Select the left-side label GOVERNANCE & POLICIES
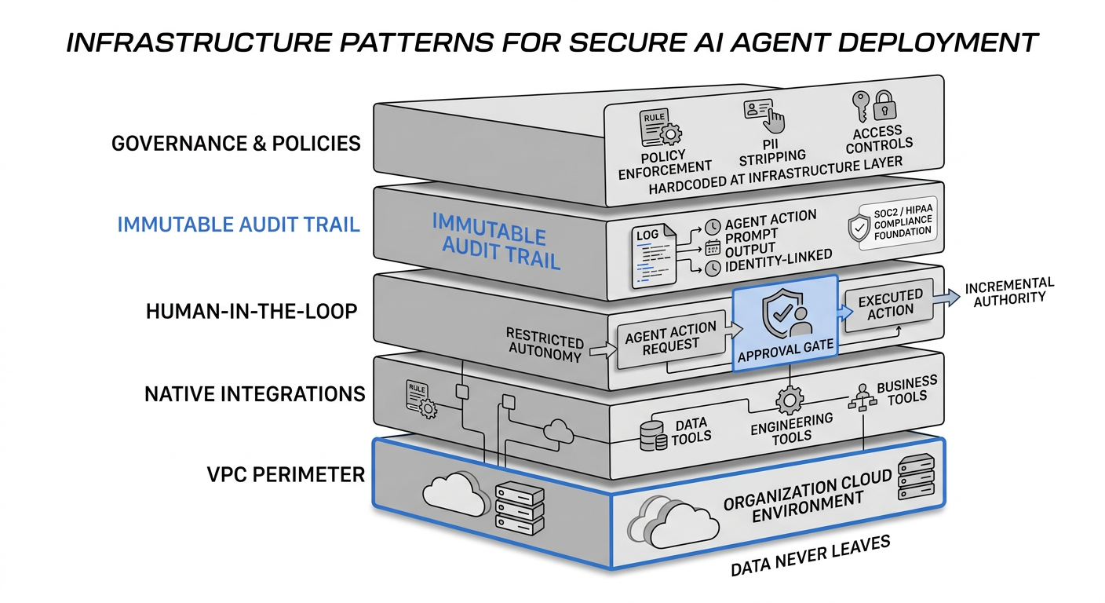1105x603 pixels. coord(236,144)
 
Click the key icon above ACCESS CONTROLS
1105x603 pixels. coord(862,105)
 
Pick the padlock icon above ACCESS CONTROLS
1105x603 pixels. coord(885,105)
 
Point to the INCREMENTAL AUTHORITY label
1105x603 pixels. coord(1008,291)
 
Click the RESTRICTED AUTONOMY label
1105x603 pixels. coord(545,344)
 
